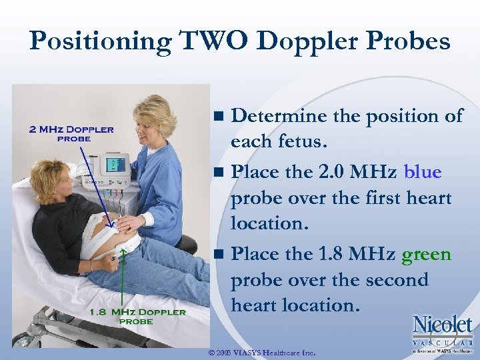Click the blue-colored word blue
(x=423, y=172)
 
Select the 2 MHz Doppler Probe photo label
(x=71, y=133)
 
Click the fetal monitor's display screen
(x=113, y=164)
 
